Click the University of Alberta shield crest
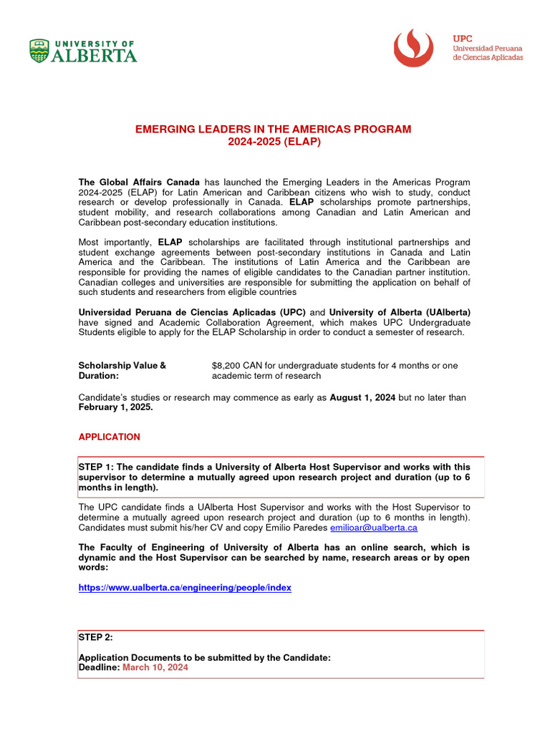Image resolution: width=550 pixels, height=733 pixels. pos(39,51)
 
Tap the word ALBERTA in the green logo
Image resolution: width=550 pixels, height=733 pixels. pos(94,55)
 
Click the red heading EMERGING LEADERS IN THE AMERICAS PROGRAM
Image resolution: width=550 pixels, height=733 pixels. pos(274,129)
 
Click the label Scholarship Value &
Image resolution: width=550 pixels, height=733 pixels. pos(122,366)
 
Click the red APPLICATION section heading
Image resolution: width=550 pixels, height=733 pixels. pos(109,437)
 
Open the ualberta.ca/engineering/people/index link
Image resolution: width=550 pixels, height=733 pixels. pos(185,588)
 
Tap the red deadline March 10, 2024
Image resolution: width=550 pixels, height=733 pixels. pos(155,667)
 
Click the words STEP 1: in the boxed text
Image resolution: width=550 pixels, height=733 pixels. pos(97,467)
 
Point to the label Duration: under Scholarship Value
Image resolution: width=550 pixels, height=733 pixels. pos(98,376)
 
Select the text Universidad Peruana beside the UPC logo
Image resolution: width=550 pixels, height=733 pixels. pos(487,47)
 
